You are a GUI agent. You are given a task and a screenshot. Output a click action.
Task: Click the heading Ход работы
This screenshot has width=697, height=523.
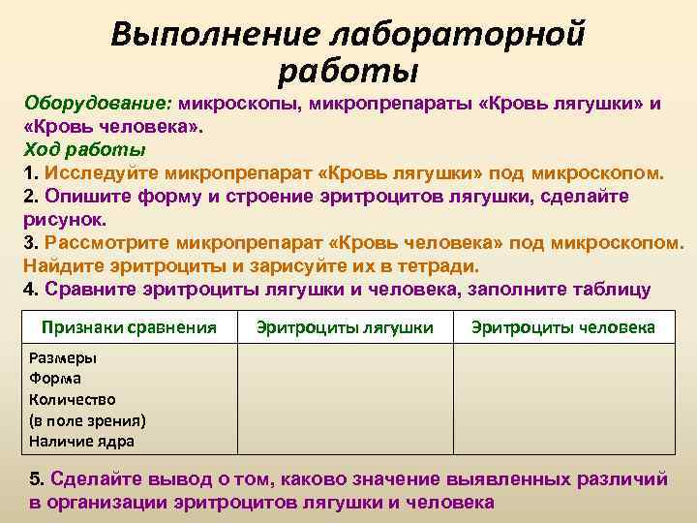[85, 150]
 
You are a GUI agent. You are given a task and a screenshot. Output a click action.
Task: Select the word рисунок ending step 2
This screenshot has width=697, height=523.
[61, 220]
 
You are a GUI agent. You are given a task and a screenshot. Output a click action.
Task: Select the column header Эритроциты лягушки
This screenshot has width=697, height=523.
[345, 327]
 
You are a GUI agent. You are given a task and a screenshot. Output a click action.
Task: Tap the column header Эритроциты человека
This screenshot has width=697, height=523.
[563, 327]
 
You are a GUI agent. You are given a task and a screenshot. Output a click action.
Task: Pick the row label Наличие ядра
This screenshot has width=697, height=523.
[81, 442]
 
